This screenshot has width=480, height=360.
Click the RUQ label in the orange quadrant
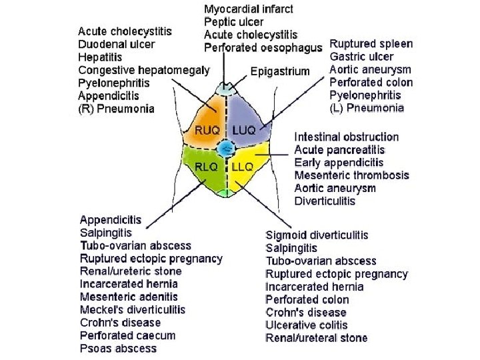(207, 129)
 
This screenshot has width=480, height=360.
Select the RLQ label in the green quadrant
(207, 167)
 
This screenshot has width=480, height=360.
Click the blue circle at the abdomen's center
(226, 147)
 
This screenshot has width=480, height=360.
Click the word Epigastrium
(280, 71)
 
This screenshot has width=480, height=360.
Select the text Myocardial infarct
(248, 9)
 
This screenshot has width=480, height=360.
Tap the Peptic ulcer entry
(235, 22)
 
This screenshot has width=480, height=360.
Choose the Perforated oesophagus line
(263, 47)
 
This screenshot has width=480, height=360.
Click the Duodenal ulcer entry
(117, 44)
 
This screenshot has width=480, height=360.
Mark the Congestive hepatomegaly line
(144, 69)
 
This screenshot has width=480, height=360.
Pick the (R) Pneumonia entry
(116, 107)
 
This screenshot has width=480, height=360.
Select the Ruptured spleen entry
(371, 44)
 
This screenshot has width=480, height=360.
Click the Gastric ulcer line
(361, 57)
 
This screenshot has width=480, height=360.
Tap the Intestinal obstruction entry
(347, 137)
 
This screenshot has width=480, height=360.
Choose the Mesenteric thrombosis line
(351, 175)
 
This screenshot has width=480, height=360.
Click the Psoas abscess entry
(118, 348)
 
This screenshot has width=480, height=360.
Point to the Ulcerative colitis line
(307, 325)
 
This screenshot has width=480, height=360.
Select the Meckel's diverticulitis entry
(133, 310)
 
